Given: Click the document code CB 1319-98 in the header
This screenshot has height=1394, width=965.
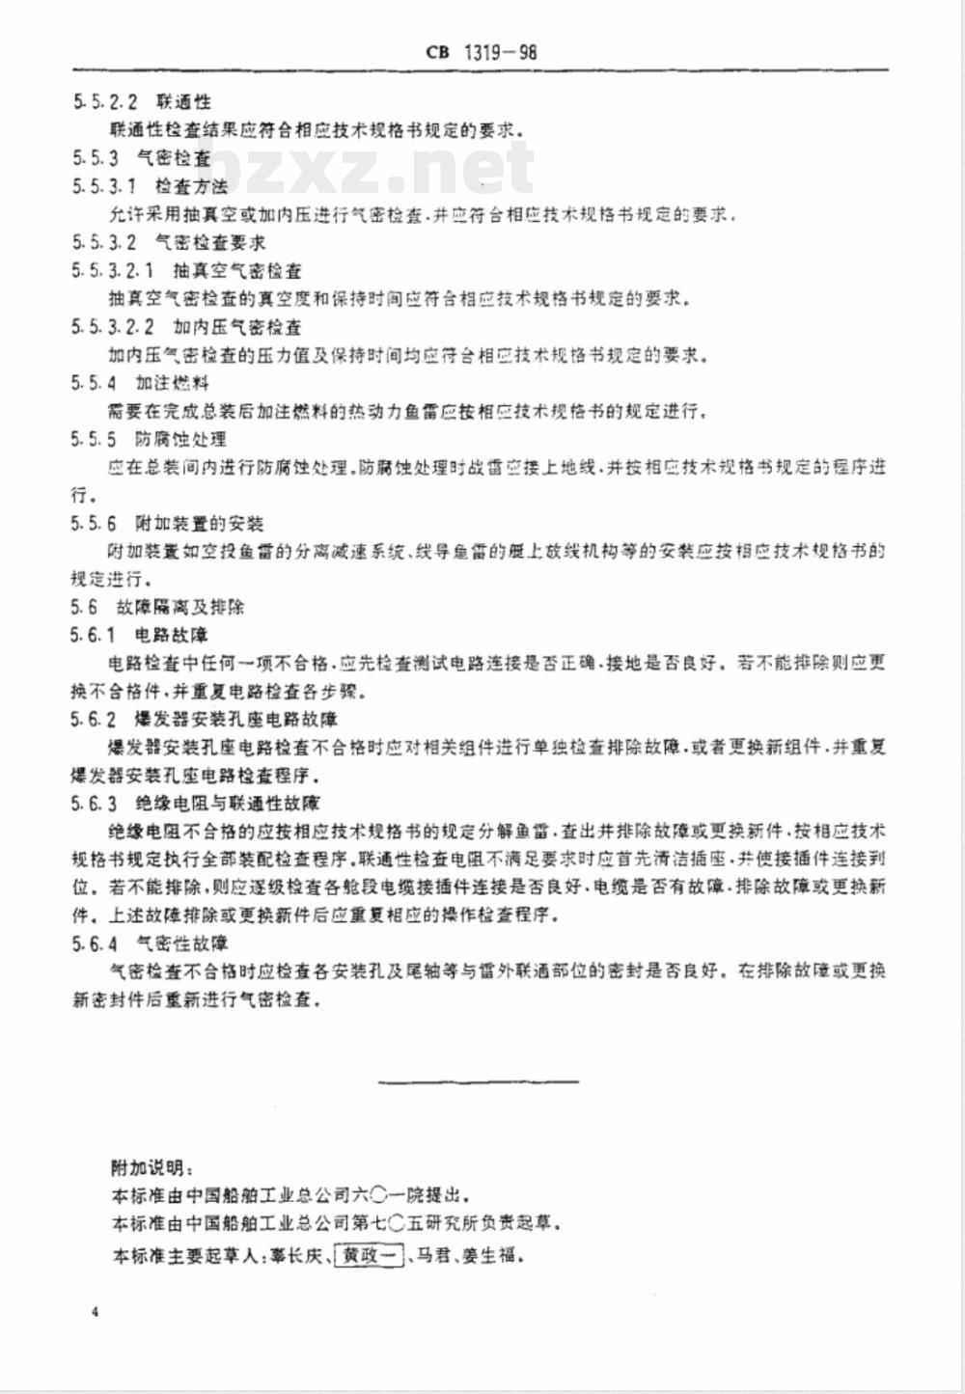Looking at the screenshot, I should click(481, 51).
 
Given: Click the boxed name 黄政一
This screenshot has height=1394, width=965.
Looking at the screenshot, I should click(368, 1256).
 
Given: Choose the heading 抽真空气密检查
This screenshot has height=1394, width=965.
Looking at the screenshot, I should click(237, 271).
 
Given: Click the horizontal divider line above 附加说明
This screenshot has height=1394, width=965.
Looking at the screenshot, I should click(479, 1081).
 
